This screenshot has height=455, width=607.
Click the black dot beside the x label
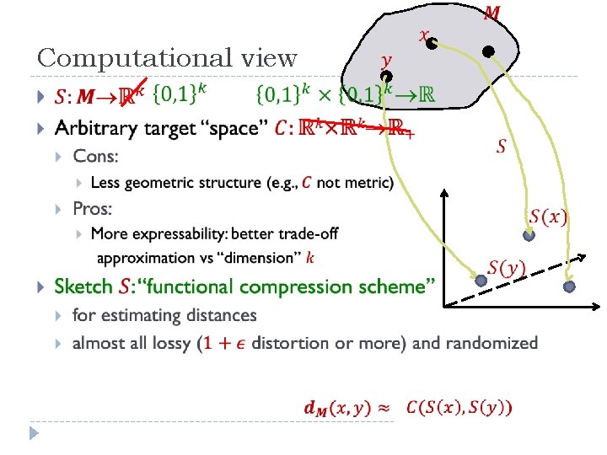coord(431,44)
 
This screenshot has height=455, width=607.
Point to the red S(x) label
coord(548,217)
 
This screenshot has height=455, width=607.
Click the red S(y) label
coord(507,268)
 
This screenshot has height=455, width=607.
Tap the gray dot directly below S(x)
coord(529,236)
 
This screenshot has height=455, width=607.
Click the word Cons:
coord(95,156)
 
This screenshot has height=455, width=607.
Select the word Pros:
coord(93,208)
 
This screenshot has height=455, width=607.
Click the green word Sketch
coord(83,286)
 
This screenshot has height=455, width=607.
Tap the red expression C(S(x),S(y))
coord(458,408)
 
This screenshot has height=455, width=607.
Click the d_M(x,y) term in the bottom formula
coord(336,408)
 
